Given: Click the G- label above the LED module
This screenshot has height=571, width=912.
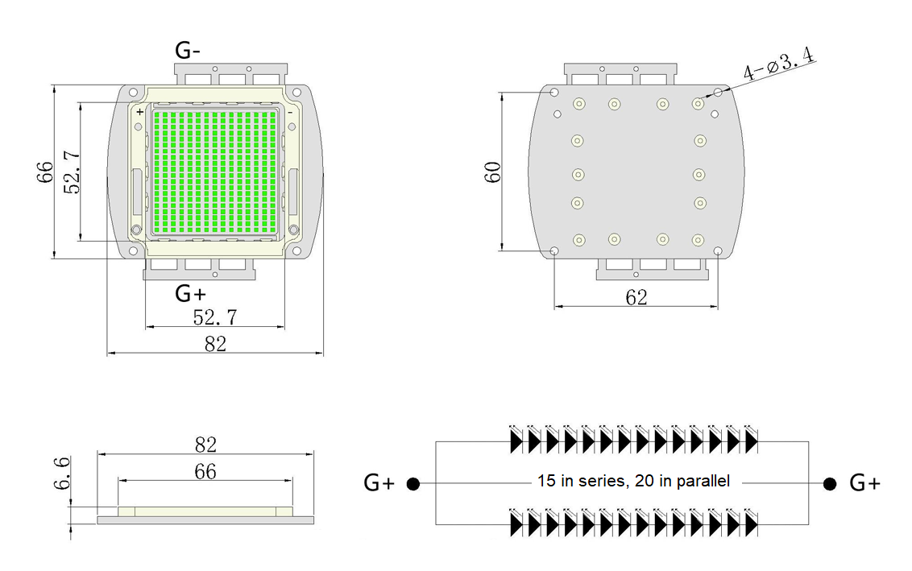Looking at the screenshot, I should [188, 50].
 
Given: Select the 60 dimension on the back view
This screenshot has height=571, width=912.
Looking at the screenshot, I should [493, 172].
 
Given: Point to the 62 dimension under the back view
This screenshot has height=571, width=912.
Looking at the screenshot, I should [636, 297].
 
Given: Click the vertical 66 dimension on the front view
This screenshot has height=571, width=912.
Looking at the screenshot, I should [44, 172].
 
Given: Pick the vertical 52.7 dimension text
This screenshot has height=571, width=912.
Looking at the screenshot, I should [71, 172].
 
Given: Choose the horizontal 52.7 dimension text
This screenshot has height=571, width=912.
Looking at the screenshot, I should [214, 317].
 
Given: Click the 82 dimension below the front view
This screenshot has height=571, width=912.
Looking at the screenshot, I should [215, 344].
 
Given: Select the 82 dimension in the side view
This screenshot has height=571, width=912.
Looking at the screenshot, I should [205, 445].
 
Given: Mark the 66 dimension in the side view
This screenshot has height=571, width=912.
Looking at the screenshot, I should [205, 471].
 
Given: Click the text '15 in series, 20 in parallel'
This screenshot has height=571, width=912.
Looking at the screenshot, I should [633, 481].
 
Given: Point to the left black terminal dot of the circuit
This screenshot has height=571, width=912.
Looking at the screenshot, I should [413, 484].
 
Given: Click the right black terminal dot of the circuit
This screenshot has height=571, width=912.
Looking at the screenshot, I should [829, 483].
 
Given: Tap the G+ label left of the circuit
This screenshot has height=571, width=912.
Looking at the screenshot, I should [379, 483].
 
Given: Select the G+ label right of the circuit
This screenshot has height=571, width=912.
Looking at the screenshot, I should [864, 483].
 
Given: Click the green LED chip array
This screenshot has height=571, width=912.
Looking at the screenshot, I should [214, 171].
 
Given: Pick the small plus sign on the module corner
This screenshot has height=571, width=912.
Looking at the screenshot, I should [139, 112].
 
